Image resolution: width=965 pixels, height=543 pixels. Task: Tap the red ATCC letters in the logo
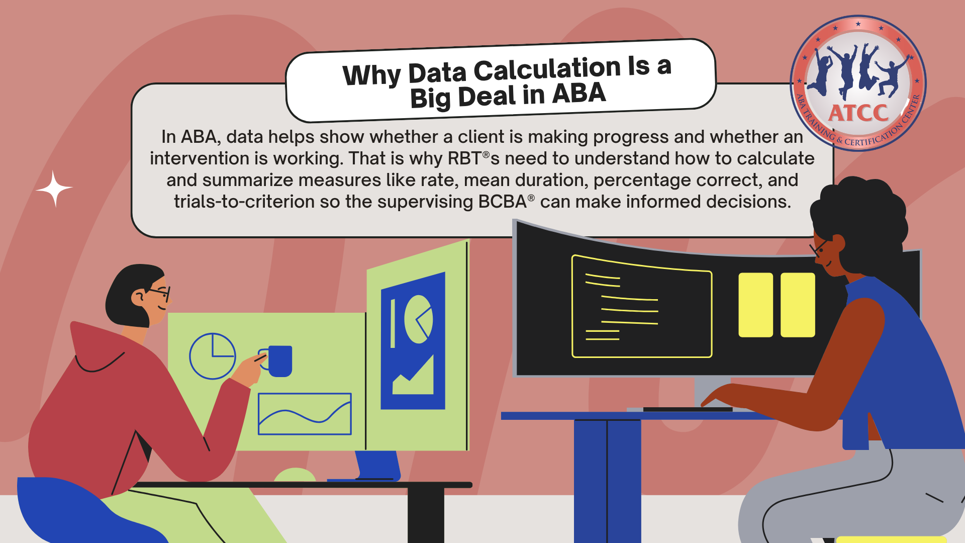(858, 113)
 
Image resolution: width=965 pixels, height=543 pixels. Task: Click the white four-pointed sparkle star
(54, 189)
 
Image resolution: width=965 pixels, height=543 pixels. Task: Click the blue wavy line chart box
(305, 414)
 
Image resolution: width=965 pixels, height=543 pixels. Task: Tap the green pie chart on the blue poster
(418, 319)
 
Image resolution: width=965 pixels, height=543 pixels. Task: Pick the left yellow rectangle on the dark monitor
(755, 305)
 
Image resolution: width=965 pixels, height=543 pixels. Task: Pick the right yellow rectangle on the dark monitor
(798, 305)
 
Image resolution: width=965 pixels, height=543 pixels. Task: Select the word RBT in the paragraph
(464, 158)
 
